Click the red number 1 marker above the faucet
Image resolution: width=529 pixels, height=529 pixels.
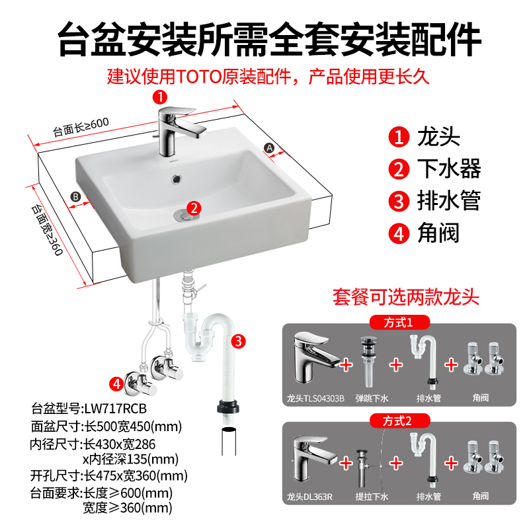pos(159,97)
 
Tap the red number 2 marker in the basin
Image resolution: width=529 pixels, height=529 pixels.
pos(193,208)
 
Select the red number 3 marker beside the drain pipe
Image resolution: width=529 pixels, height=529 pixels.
pos(239,342)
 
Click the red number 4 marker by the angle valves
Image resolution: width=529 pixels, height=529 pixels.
pos(116,382)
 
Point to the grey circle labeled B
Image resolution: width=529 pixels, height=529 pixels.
pos(76,196)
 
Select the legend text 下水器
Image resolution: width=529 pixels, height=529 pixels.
pos(449,169)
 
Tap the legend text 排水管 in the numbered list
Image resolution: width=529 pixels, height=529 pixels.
pos(449,200)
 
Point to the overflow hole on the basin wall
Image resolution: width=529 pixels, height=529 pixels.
pos(176,178)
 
